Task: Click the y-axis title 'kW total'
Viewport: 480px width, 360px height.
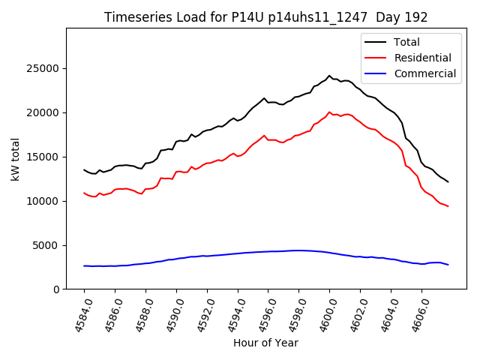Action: click(x=16, y=158)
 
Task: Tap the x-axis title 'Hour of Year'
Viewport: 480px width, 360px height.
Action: click(x=265, y=343)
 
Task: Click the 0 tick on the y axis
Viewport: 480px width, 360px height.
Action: click(x=57, y=289)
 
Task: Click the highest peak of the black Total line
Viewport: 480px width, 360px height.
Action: click(x=329, y=76)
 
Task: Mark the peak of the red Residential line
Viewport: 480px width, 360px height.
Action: click(x=329, y=112)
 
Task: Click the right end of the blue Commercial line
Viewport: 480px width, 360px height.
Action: click(x=448, y=265)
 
